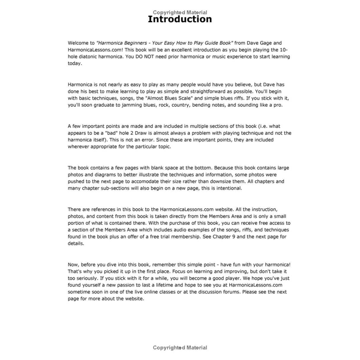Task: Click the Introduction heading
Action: [x=180, y=19]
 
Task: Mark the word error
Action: [x=147, y=140]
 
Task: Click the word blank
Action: [x=159, y=168]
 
